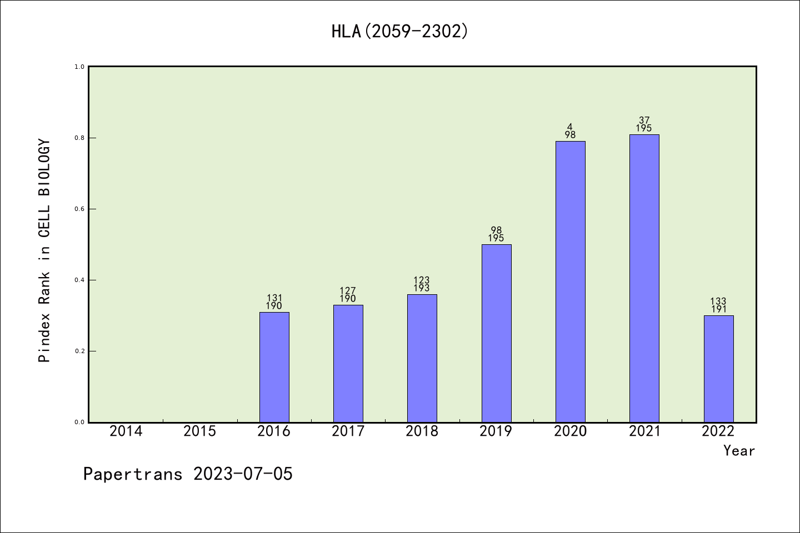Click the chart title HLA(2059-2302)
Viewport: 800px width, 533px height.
[399, 31]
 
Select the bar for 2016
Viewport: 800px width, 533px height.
[274, 367]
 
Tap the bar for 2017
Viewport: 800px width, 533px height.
[348, 364]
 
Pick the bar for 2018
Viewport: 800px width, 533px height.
[422, 358]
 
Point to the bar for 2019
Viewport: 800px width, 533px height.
[496, 333]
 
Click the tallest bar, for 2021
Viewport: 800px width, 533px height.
[644, 278]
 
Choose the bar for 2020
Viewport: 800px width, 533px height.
[570, 281]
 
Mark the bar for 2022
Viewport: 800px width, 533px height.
[718, 369]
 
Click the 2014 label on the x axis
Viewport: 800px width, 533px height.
[126, 431]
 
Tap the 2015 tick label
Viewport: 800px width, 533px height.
[200, 431]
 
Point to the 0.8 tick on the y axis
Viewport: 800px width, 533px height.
[79, 138]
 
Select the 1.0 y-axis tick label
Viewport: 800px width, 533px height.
[79, 67]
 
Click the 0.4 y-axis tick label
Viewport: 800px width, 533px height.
[79, 280]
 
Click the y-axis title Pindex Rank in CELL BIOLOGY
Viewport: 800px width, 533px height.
[44, 251]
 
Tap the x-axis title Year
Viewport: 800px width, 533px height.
[739, 451]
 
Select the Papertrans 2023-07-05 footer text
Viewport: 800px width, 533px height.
[188, 474]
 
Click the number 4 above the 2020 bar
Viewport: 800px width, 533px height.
[570, 127]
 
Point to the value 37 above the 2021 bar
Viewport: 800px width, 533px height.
[644, 120]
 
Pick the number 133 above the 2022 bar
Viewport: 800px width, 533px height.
[718, 301]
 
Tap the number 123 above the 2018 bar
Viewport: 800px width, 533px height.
[422, 280]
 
